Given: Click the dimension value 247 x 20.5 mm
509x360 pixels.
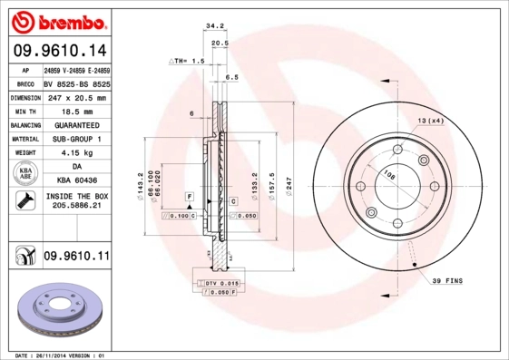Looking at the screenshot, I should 76,97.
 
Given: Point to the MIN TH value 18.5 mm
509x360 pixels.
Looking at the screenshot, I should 76,111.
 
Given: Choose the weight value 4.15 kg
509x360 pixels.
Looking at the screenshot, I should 76,153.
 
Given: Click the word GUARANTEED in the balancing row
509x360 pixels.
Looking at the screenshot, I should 76,125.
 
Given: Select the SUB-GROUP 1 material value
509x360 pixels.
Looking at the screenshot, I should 76,139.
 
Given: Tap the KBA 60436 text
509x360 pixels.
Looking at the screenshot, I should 76,181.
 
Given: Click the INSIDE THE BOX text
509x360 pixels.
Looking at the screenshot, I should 76,196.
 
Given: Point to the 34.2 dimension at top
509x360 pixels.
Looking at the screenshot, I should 215,27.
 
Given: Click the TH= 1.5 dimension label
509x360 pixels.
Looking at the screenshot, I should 189,60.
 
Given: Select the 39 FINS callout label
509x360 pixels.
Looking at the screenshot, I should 446,281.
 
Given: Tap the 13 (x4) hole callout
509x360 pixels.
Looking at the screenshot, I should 430,121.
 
